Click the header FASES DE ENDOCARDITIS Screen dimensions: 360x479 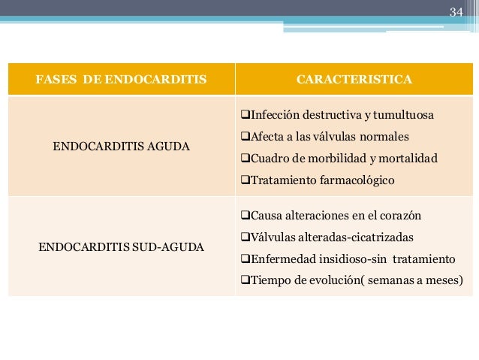click(x=122, y=79)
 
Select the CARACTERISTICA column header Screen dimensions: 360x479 click(x=354, y=79)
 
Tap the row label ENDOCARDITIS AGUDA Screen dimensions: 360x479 click(x=122, y=146)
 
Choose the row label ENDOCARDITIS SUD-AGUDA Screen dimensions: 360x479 click(x=122, y=246)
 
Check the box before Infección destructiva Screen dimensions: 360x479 click(x=244, y=116)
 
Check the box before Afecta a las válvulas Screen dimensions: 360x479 click(x=244, y=137)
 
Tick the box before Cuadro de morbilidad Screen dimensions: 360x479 click(x=244, y=159)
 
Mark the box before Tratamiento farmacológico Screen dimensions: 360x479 click(x=244, y=180)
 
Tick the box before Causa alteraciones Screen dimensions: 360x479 click(x=244, y=216)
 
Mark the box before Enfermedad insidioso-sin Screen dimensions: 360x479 click(x=244, y=259)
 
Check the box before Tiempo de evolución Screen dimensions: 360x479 click(x=244, y=281)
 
